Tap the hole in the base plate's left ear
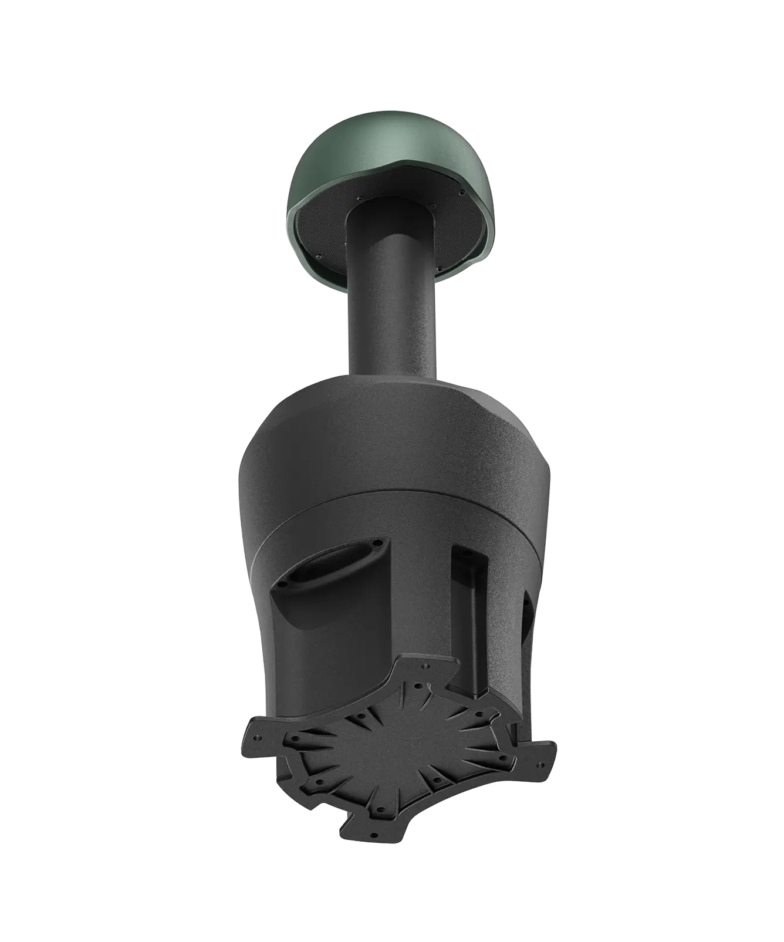point(258,738)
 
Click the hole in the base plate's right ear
point(540,765)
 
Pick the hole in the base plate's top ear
point(425,666)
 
